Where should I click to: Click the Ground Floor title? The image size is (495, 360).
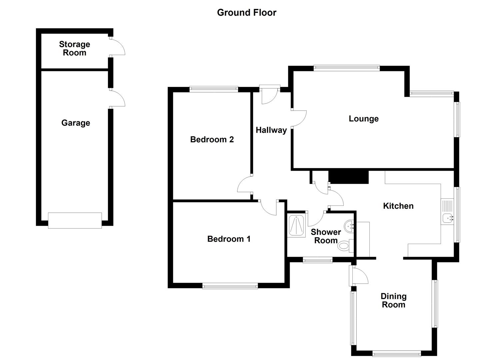[247, 13]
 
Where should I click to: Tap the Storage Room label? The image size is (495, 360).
[75, 49]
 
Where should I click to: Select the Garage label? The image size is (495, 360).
[76, 123]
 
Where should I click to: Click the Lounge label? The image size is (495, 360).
[364, 119]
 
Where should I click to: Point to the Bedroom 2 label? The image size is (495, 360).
[212, 139]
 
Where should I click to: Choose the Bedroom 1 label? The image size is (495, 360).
[229, 239]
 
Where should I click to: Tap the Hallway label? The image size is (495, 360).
[271, 130]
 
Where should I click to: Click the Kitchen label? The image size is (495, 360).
[398, 206]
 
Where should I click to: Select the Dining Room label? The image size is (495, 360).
[394, 300]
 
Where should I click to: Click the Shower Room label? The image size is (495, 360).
[326, 236]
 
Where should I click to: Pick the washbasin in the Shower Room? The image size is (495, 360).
[350, 227]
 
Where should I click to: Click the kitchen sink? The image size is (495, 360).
[447, 219]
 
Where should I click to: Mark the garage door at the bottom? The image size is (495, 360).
[75, 220]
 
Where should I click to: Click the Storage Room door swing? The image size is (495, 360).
[118, 47]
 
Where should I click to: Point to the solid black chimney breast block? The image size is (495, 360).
[349, 177]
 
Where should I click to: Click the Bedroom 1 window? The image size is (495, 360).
[230, 285]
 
